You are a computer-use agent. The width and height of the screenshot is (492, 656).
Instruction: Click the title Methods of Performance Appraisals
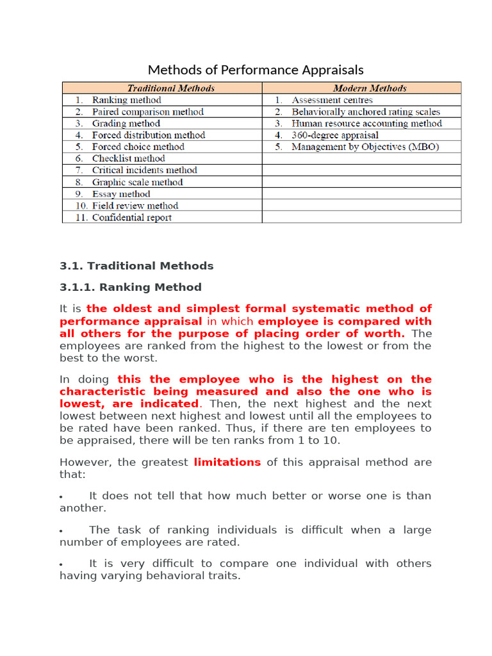pyautogui.click(x=256, y=70)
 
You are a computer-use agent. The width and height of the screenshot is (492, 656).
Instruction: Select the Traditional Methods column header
pyautogui.click(x=170, y=88)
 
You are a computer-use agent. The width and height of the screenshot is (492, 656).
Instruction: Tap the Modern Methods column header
pyautogui.click(x=370, y=88)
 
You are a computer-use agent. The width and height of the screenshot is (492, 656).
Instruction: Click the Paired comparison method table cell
pyautogui.click(x=147, y=112)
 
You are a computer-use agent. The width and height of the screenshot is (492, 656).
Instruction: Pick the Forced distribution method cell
pyautogui.click(x=148, y=135)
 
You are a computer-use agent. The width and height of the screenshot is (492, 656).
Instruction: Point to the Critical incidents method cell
pyautogui.click(x=144, y=170)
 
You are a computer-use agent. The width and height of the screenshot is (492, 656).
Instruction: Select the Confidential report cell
pyautogui.click(x=131, y=218)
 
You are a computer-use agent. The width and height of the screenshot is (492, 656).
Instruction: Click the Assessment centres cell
pyautogui.click(x=332, y=100)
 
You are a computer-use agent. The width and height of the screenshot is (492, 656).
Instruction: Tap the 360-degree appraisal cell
pyautogui.click(x=334, y=135)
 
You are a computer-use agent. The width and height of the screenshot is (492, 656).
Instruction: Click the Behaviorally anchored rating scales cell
pyautogui.click(x=365, y=112)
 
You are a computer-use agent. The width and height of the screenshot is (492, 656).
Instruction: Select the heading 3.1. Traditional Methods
pyautogui.click(x=136, y=266)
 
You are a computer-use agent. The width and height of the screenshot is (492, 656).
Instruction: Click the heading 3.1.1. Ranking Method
pyautogui.click(x=131, y=287)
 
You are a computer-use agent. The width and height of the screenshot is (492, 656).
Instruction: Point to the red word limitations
pyautogui.click(x=227, y=462)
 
